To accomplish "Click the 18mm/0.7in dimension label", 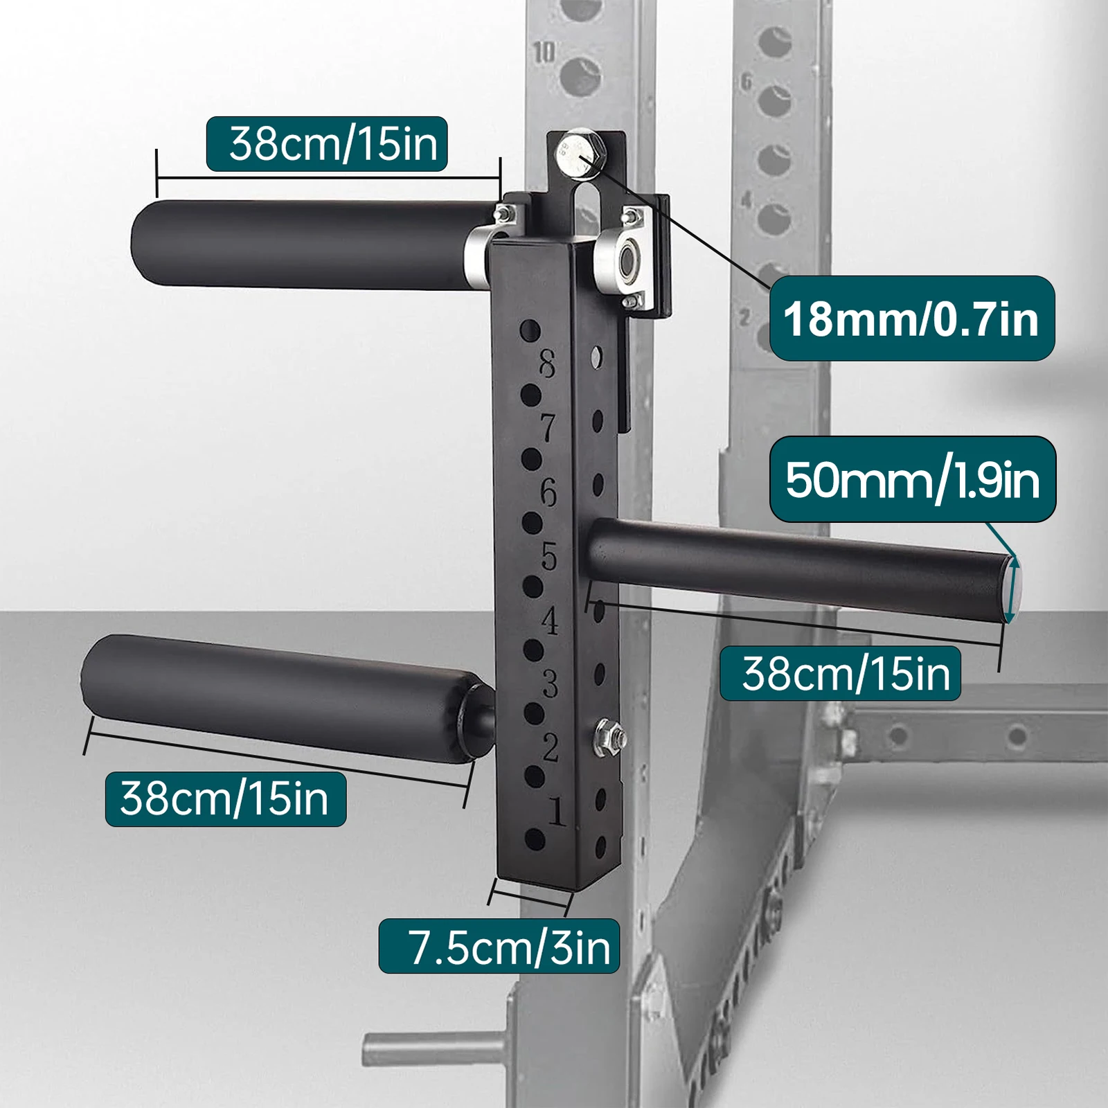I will [x=911, y=319].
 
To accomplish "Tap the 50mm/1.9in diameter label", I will [x=913, y=479].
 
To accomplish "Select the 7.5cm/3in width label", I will [x=499, y=947].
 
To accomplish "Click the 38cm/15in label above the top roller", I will [x=327, y=144].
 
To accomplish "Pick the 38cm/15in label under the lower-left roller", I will [x=225, y=798].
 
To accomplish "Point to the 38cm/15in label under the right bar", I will [x=840, y=673].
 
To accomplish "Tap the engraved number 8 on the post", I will [x=547, y=364].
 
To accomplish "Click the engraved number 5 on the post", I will [x=548, y=556].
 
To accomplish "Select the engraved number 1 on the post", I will [x=556, y=811].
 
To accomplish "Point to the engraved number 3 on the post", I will [x=550, y=684].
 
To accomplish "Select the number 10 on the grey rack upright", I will [x=544, y=52].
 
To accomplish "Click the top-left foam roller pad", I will [x=305, y=242].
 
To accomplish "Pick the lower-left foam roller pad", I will [x=277, y=692].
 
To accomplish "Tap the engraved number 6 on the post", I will [x=548, y=492].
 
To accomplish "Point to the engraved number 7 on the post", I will [x=548, y=428].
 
